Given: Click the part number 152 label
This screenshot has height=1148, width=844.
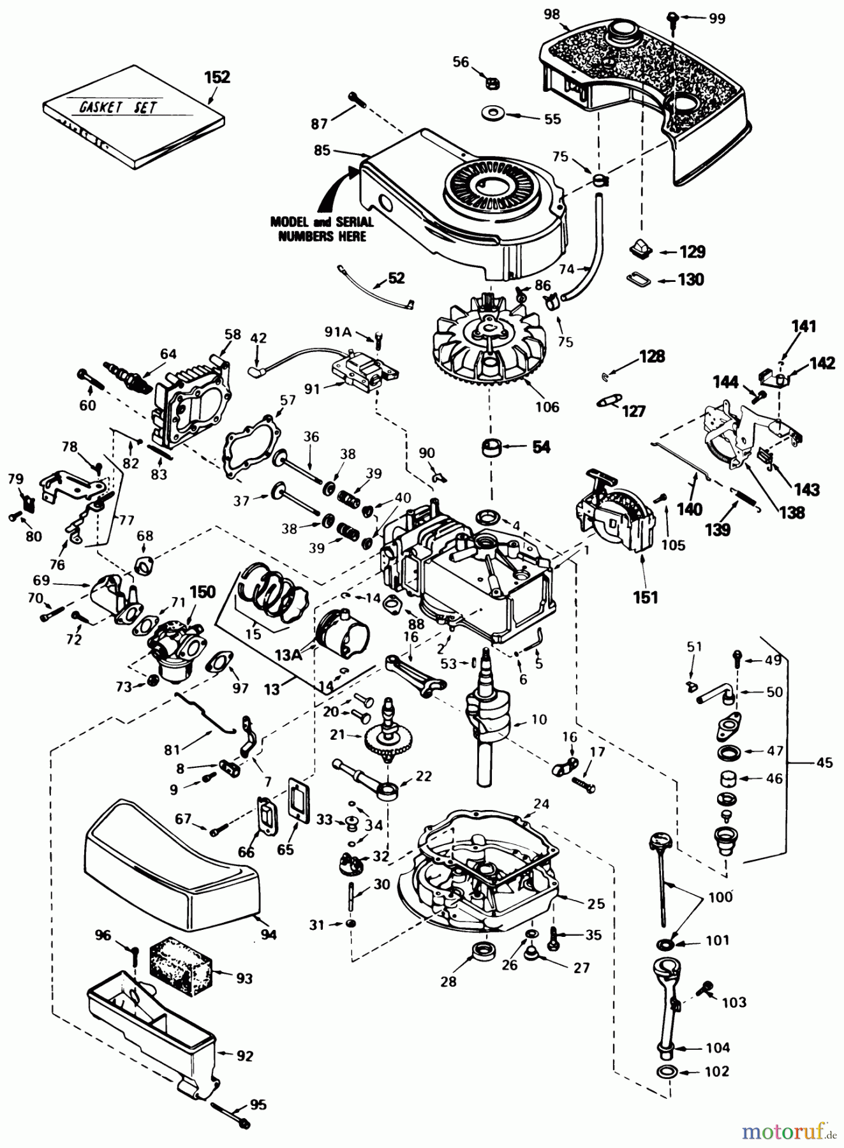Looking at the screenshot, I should [x=217, y=77].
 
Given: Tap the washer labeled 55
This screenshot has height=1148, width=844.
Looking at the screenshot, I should [x=492, y=115].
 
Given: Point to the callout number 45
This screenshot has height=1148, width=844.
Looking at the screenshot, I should [x=824, y=762].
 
